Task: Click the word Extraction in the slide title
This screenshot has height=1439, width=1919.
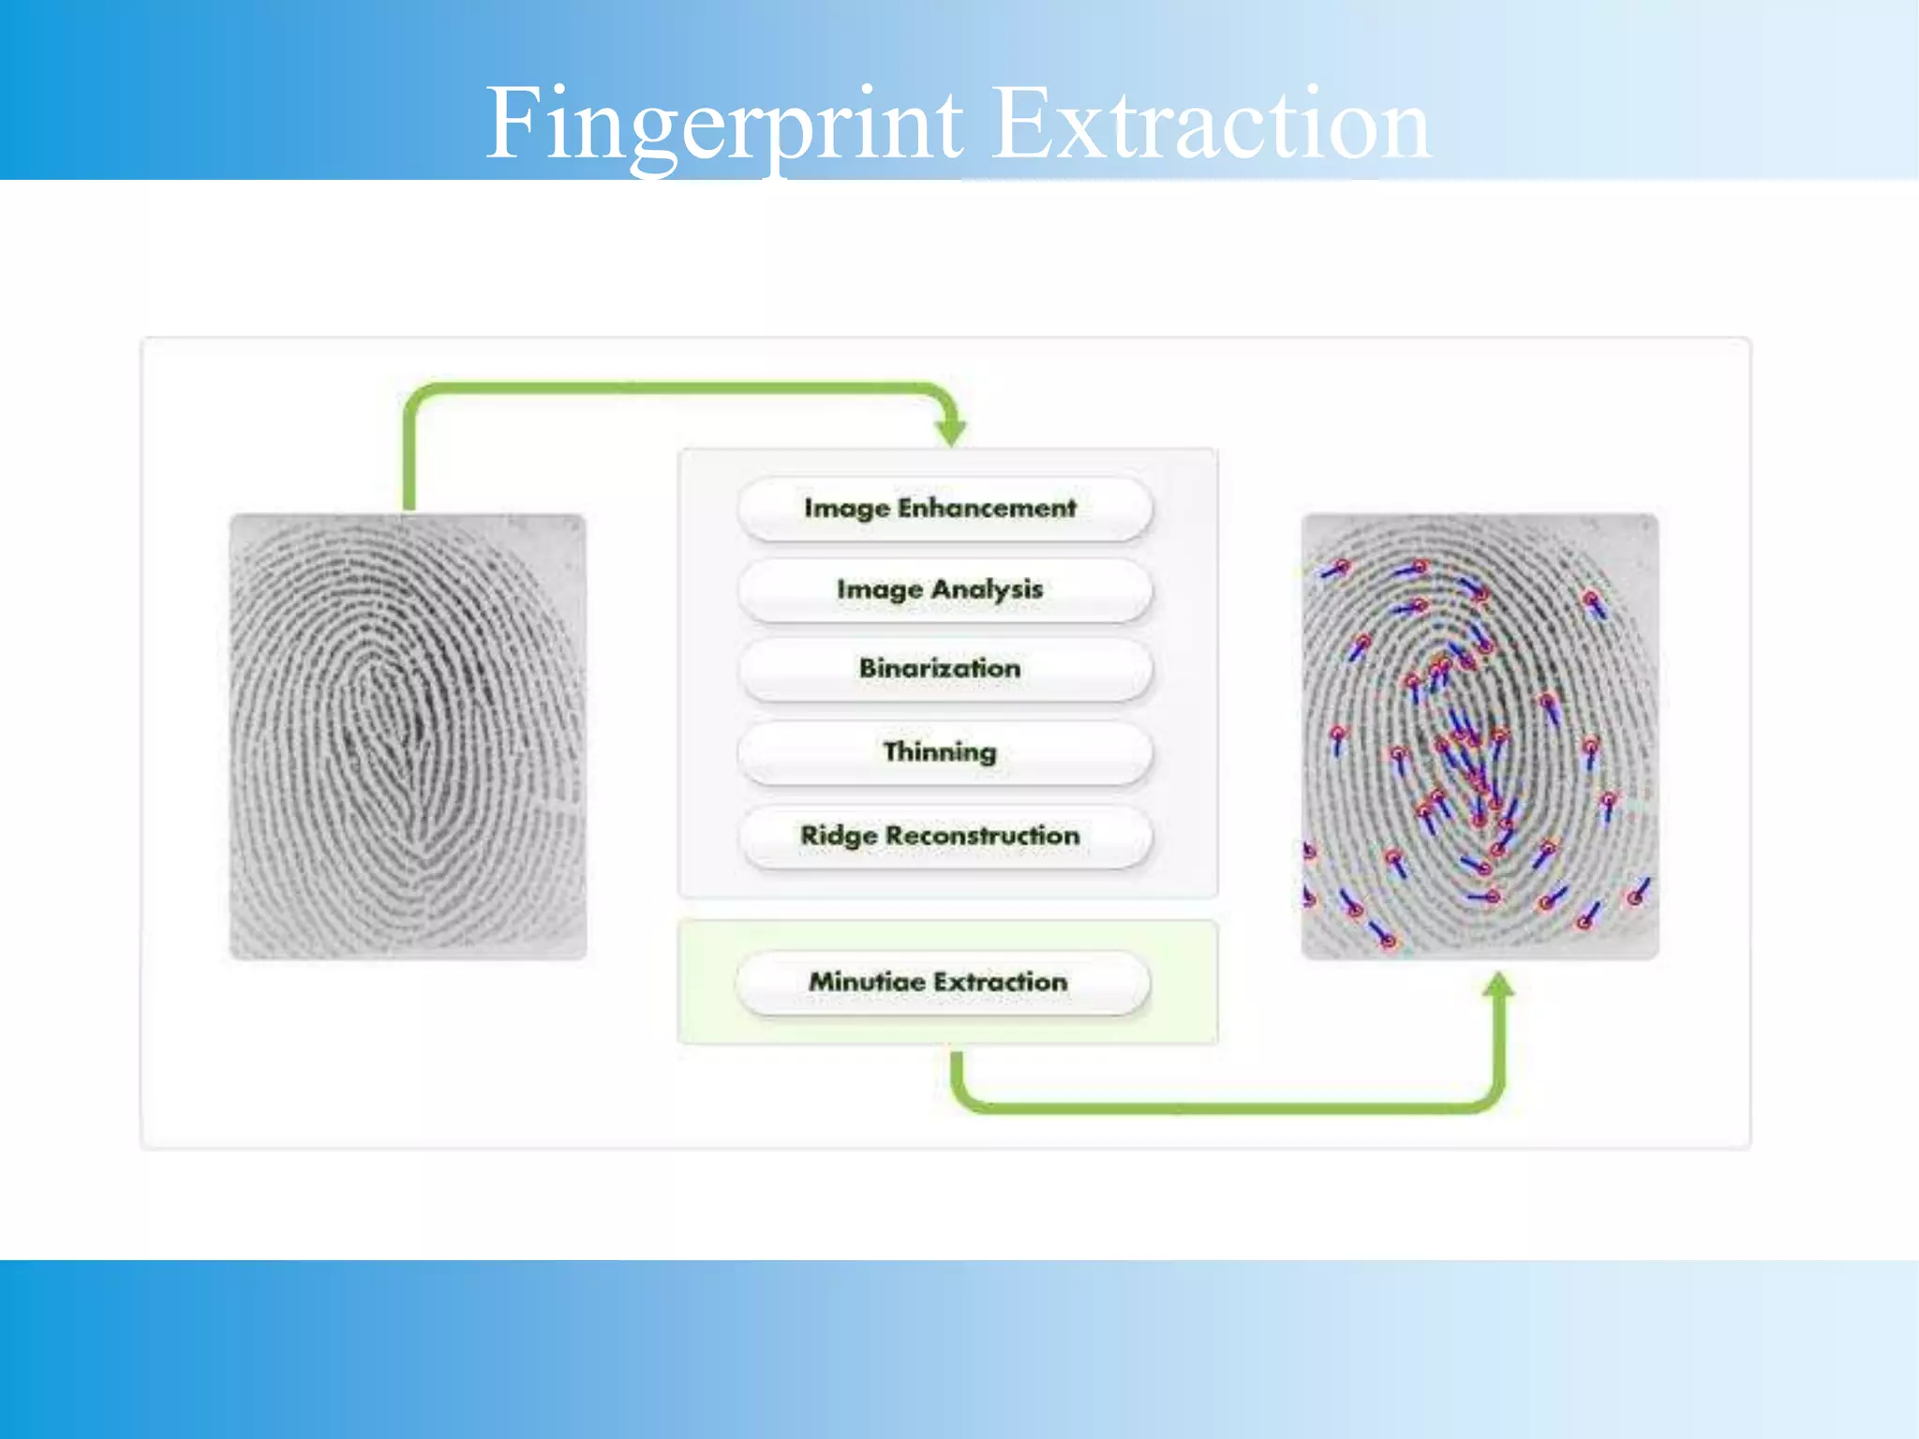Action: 1211,125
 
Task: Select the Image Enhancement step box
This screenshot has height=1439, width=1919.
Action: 945,508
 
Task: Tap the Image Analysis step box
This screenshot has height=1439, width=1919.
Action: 945,590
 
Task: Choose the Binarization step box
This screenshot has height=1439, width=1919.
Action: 945,669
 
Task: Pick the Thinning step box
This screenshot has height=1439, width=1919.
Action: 945,751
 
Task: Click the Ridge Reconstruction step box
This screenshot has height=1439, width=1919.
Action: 945,836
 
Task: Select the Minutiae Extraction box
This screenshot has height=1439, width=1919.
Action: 943,982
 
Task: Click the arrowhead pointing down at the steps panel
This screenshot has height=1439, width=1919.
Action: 950,432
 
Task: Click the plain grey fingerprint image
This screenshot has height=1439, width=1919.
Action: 408,736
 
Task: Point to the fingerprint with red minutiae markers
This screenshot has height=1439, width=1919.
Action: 1480,736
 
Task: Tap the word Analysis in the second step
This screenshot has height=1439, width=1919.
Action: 987,590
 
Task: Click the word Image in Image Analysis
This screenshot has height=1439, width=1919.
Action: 879,590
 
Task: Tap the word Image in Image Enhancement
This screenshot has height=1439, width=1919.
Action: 846,508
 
